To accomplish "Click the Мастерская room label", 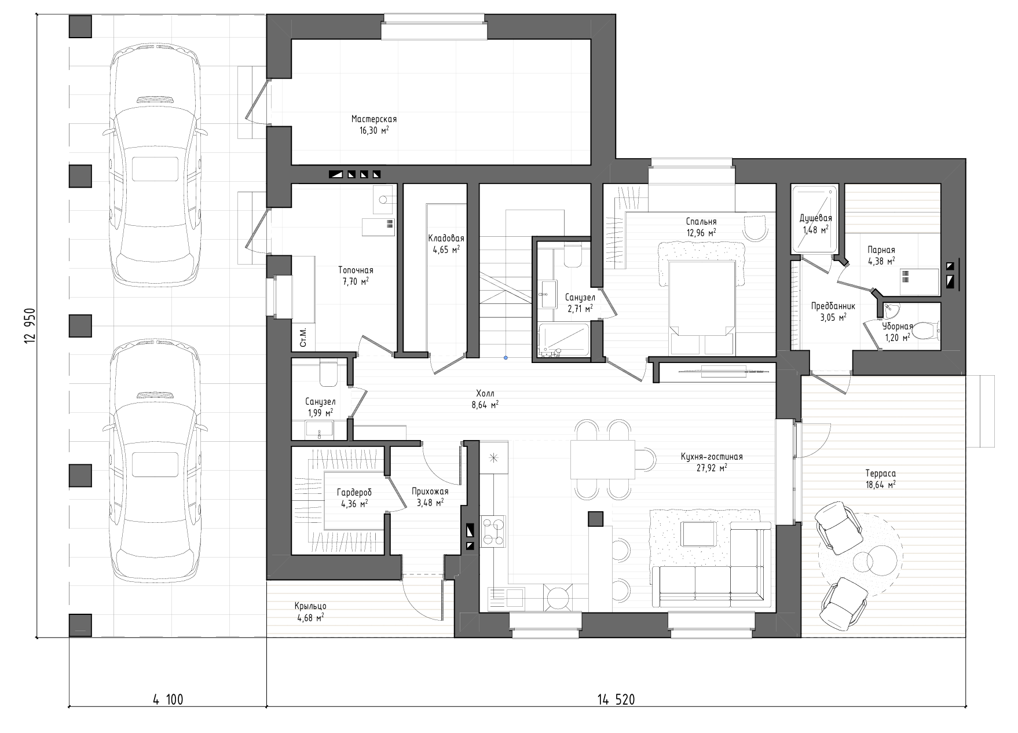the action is click(x=373, y=119).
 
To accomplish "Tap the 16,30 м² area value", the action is click(x=373, y=130).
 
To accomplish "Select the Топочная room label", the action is click(x=356, y=270).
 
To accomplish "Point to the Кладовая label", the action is click(x=446, y=239).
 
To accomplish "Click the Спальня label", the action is click(x=701, y=222).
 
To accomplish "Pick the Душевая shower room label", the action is click(x=815, y=218).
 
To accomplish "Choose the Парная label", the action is click(x=881, y=250).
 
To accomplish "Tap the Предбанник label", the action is click(x=833, y=306).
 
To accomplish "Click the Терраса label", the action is click(x=881, y=474).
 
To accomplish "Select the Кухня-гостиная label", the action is click(x=712, y=457).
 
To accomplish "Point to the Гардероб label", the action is click(x=354, y=493).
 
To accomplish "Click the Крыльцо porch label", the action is click(x=310, y=606).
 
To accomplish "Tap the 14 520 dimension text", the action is click(x=616, y=700).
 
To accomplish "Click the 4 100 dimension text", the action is click(x=168, y=700).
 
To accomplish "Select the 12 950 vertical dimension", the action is click(x=30, y=326).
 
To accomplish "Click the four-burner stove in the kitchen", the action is click(x=493, y=532).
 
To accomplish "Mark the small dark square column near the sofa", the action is click(x=596, y=519).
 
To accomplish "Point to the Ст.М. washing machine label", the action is click(x=303, y=337).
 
